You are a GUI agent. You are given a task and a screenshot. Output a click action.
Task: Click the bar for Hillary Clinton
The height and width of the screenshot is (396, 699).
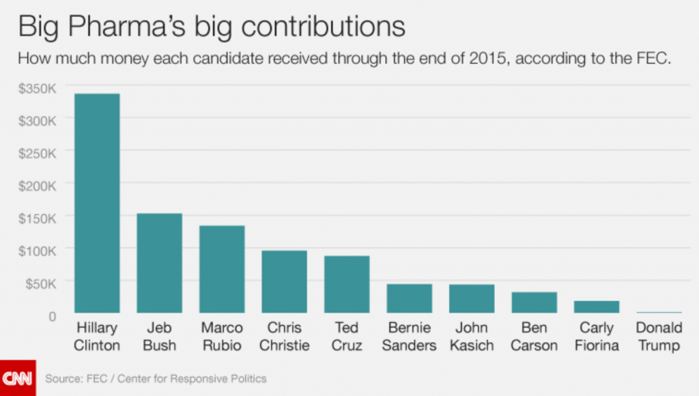97,203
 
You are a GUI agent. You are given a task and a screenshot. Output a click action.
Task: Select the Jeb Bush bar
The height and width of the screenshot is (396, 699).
159,263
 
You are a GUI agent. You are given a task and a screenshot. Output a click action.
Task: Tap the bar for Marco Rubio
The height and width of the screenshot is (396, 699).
222,269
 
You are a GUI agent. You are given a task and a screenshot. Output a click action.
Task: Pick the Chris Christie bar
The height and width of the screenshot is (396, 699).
284,281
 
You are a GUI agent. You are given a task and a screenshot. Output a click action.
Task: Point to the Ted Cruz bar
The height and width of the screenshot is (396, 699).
347,284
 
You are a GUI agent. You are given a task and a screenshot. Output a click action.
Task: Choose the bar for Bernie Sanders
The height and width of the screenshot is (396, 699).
409,298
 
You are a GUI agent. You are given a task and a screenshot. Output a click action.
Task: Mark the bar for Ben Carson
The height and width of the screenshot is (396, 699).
534,302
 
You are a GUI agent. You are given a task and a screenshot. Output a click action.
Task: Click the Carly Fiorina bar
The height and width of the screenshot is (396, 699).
597,307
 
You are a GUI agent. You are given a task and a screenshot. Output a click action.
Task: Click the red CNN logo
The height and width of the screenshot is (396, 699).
18,378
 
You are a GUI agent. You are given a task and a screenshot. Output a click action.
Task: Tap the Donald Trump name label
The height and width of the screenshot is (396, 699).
659,337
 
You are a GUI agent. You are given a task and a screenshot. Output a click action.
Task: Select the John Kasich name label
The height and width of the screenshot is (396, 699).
471,337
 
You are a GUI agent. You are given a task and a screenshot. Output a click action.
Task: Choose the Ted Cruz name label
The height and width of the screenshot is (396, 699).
347,337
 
